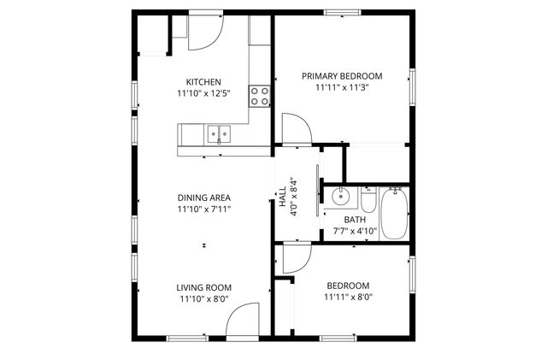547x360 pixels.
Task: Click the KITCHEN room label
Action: (x=204, y=81)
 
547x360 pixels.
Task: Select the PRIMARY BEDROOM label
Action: (x=342, y=75)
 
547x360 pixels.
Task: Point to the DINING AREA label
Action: (x=204, y=197)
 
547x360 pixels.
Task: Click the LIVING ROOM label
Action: (x=204, y=287)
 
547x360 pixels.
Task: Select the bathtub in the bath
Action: (x=394, y=213)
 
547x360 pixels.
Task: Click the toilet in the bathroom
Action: (x=368, y=201)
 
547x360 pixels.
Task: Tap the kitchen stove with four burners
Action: (x=260, y=95)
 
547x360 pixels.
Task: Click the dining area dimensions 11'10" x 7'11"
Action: (x=204, y=209)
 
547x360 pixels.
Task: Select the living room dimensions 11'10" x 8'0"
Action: (x=204, y=299)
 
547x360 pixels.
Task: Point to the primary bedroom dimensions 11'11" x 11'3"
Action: (x=342, y=86)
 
